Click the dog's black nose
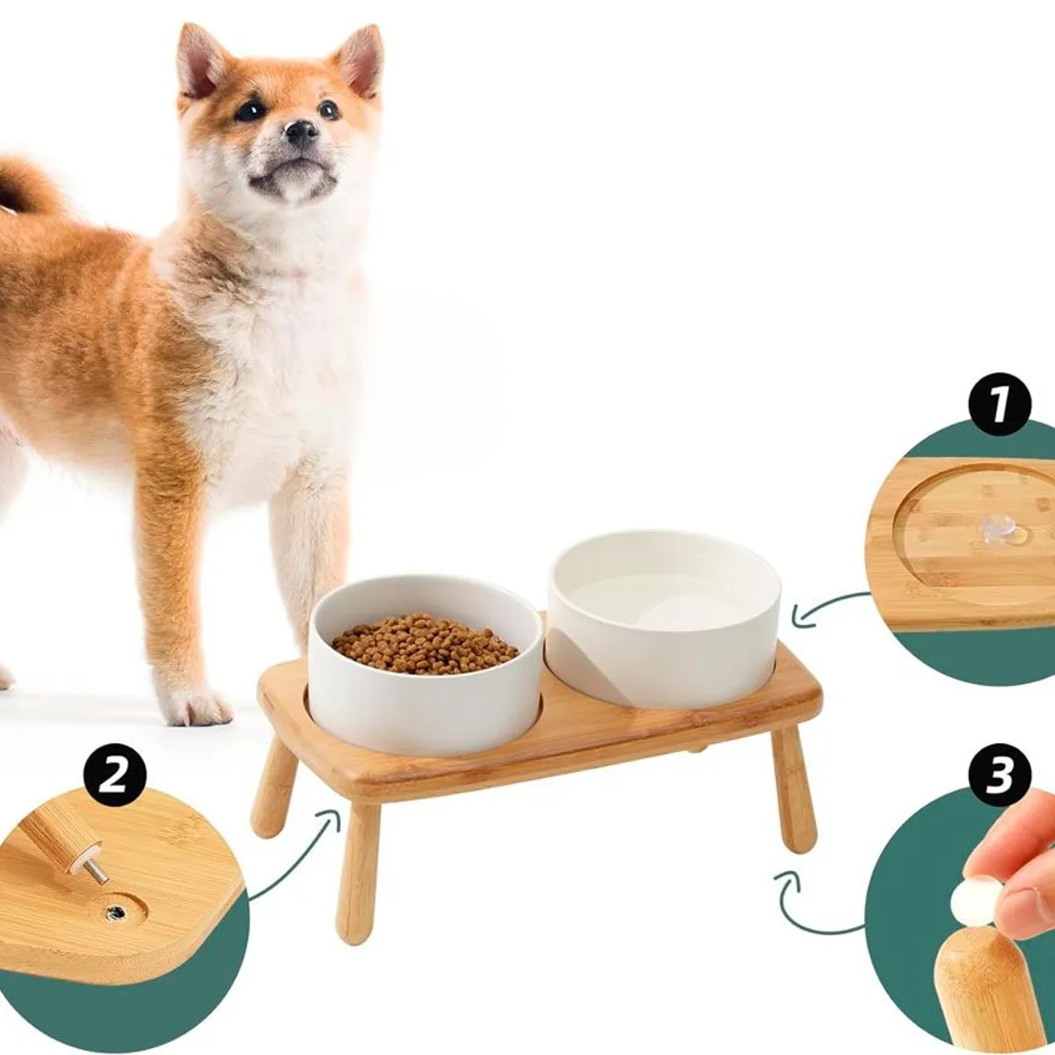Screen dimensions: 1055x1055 coord(302,132)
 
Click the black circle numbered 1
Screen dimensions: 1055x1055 coord(1000,404)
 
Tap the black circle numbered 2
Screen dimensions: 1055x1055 coord(115,775)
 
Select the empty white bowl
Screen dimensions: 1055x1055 coord(664,618)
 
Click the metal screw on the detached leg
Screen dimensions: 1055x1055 coord(97,872)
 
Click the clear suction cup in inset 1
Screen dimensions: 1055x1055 coord(997,531)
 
